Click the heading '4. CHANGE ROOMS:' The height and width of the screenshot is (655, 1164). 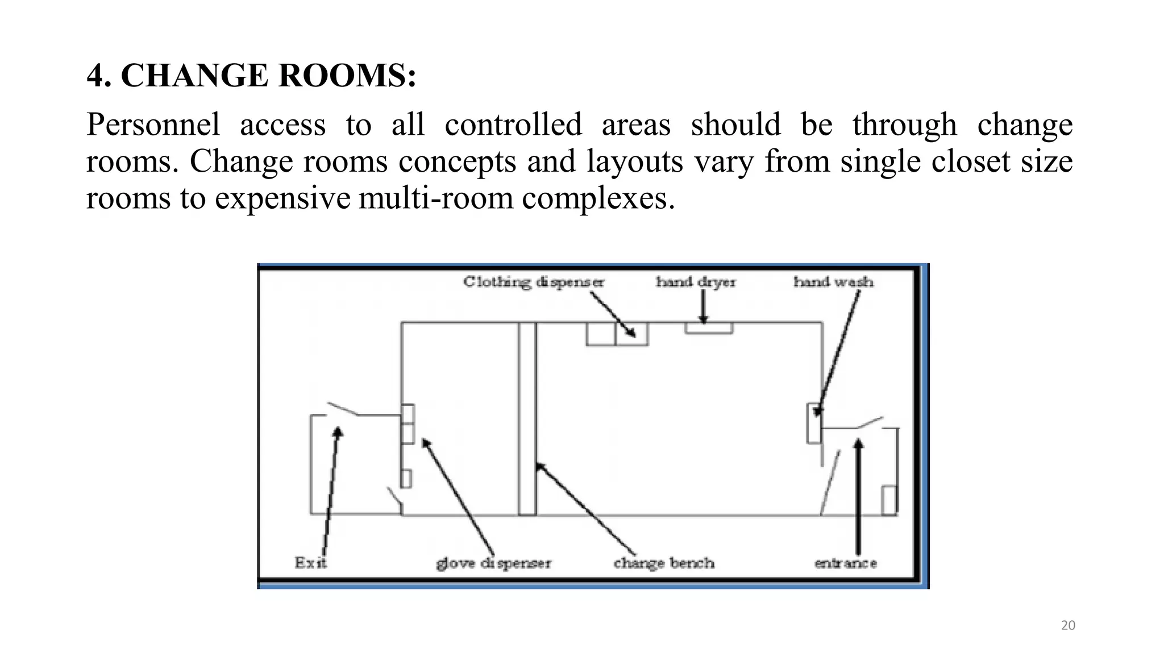pos(251,76)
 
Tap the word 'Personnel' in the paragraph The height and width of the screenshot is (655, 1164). pos(153,125)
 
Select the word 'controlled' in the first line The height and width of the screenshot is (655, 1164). pos(513,125)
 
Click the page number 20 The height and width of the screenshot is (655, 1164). pos(1069,625)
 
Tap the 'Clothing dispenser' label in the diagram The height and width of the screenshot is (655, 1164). pos(533,282)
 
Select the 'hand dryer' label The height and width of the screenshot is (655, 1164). pos(696,282)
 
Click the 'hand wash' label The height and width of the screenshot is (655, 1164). pos(833,281)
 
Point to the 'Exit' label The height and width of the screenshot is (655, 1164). pos(310,563)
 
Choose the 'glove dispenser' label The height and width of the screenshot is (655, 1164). pos(493,563)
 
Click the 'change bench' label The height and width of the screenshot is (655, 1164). pos(664,563)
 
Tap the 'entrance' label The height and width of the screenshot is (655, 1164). pos(846,563)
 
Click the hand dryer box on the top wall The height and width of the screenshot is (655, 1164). pos(709,328)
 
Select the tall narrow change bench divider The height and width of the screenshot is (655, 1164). pos(527,419)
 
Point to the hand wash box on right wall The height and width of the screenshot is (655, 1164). pos(814,423)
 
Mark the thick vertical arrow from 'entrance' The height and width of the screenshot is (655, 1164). pos(858,496)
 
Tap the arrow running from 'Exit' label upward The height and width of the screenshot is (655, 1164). pos(331,491)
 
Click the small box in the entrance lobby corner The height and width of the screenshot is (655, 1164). pos(889,500)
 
